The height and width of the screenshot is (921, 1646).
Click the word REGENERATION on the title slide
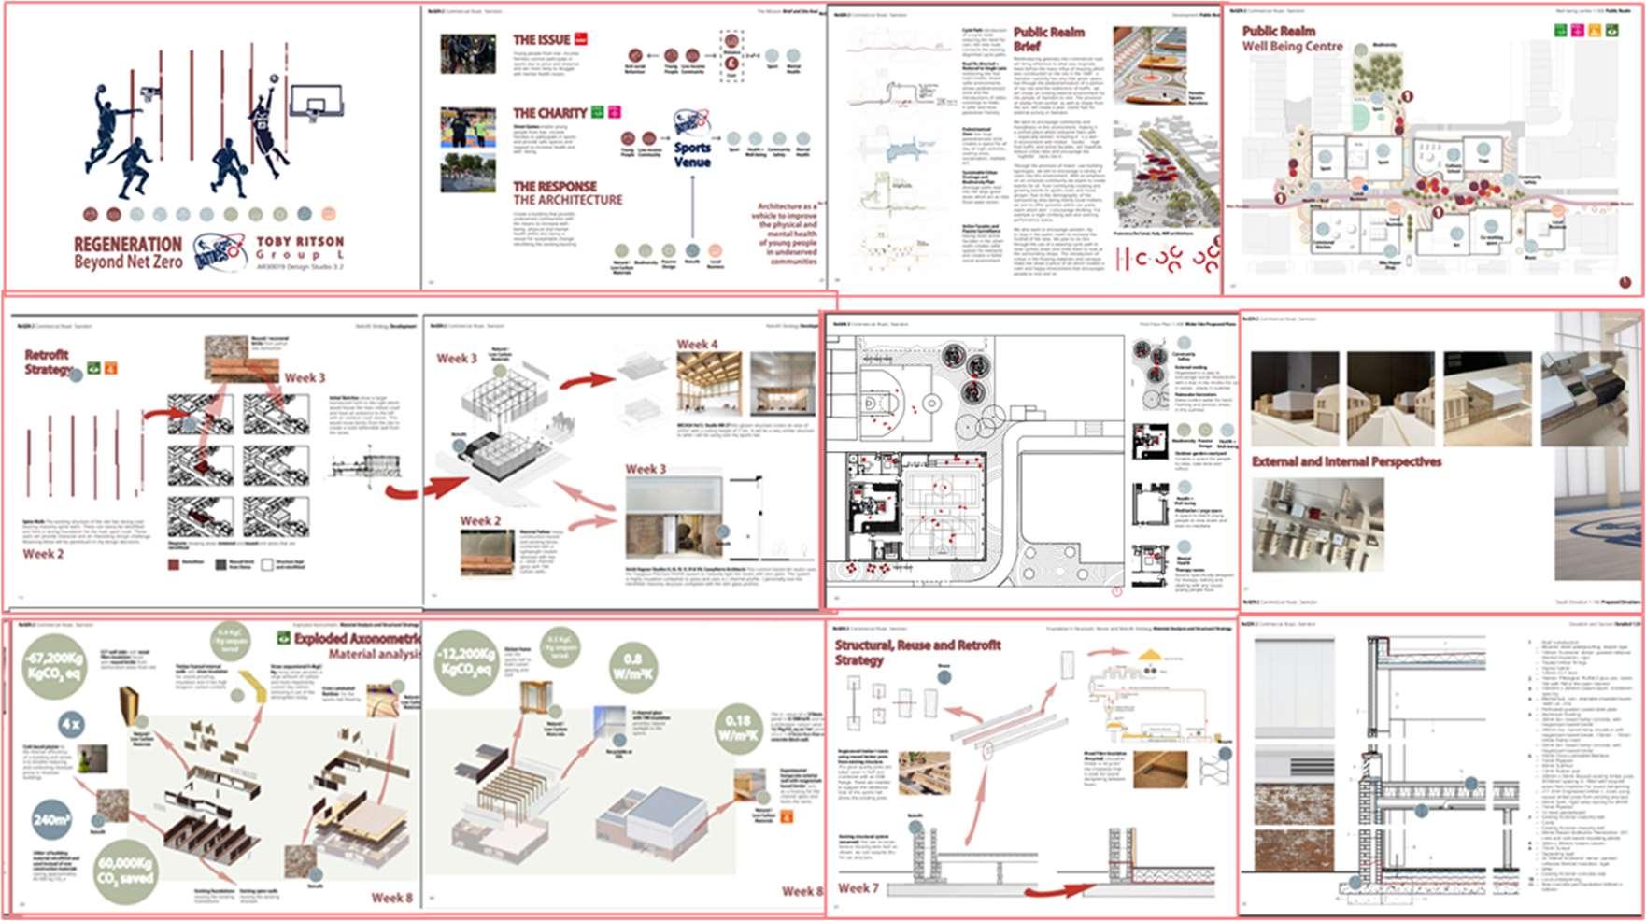[x=128, y=245]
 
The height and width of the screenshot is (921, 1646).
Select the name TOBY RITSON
[x=300, y=241]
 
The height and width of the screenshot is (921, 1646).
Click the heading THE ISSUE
[x=541, y=40]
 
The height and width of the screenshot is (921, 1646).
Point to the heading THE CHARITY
[x=549, y=113]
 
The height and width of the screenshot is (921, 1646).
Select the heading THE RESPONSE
[x=554, y=186]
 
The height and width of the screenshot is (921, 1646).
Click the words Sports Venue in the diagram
[x=692, y=154]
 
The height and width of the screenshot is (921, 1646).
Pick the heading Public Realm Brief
[x=1048, y=38]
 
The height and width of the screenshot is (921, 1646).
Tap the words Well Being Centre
[x=1292, y=46]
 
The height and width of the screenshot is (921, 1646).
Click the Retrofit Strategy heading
[x=48, y=361]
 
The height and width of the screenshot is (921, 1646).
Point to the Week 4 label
[x=697, y=345]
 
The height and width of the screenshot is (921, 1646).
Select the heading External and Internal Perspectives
[x=1345, y=461]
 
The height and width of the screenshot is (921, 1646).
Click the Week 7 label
[x=858, y=887]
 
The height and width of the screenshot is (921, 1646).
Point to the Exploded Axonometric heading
[x=357, y=639]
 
